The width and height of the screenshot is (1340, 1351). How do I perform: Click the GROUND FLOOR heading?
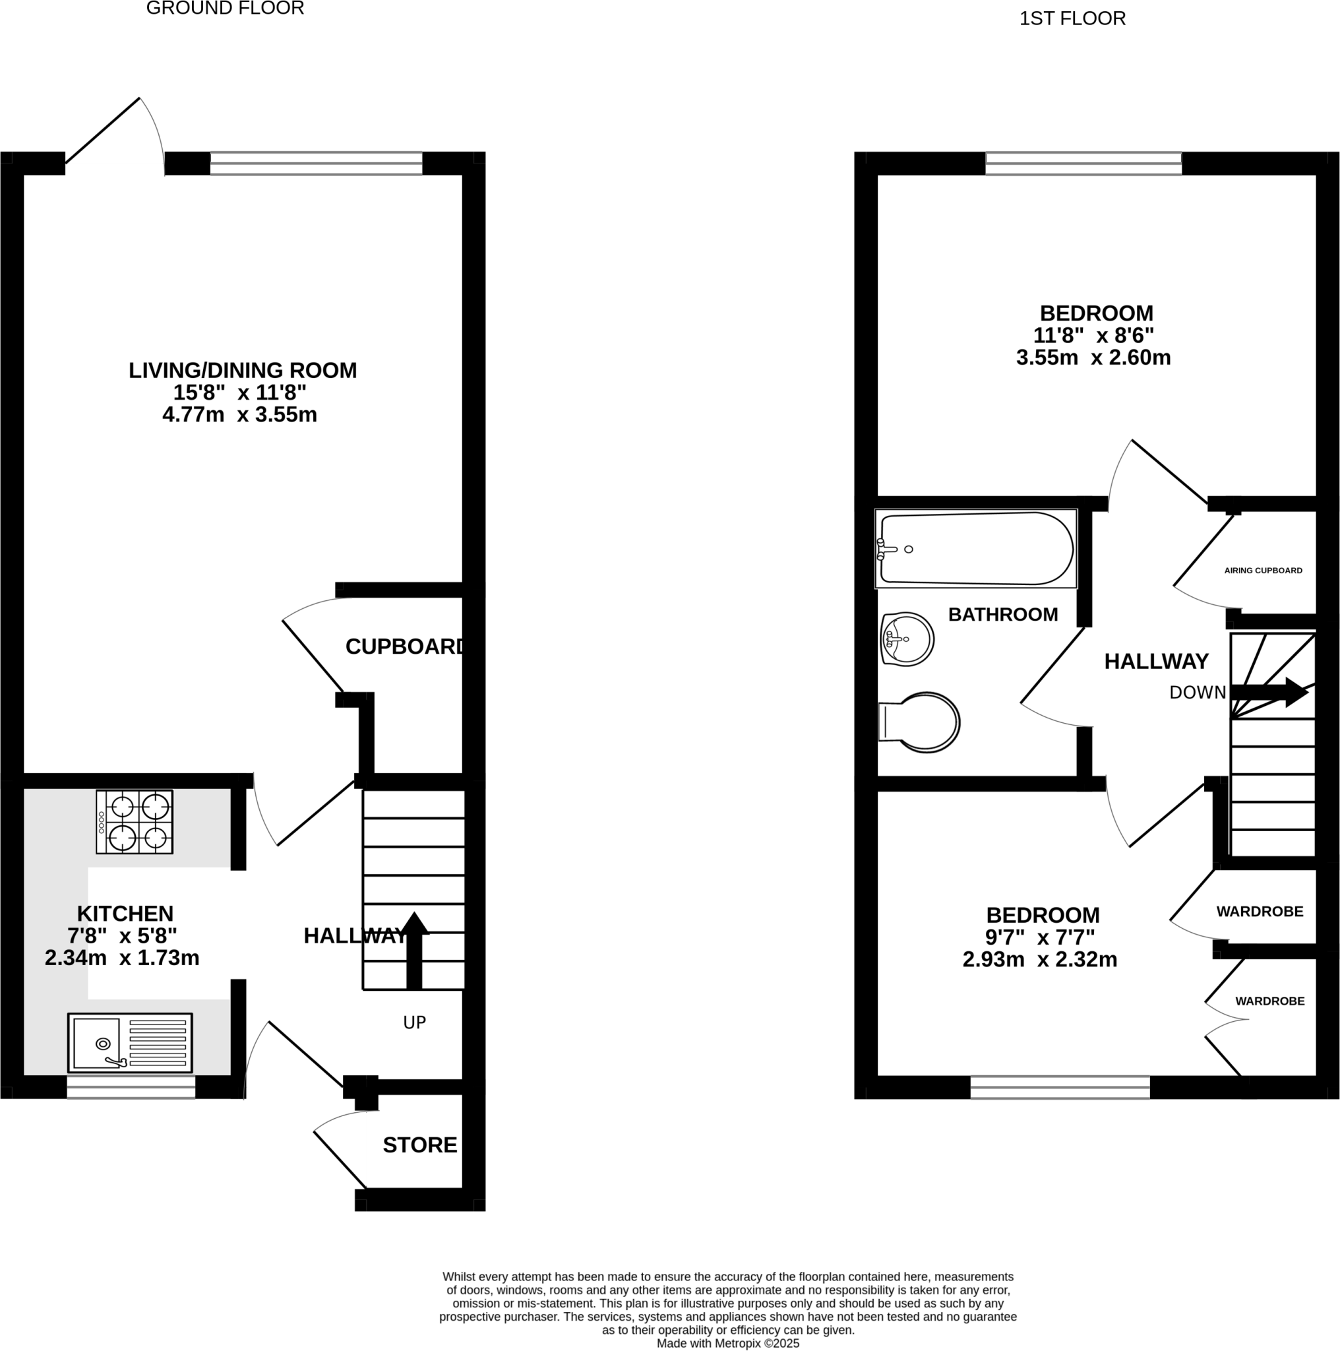click(224, 9)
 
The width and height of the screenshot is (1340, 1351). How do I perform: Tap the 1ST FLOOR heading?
click(1072, 19)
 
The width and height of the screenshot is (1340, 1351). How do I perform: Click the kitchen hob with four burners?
click(135, 822)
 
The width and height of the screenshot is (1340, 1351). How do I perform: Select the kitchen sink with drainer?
click(129, 1043)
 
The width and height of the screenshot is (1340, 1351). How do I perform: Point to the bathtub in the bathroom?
click(976, 549)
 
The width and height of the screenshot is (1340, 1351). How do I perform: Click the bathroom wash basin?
click(907, 639)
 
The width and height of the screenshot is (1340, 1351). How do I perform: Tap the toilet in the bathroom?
click(920, 722)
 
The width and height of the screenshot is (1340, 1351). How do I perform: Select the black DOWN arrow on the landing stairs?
click(1269, 692)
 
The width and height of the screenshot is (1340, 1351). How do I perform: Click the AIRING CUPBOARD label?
click(1262, 571)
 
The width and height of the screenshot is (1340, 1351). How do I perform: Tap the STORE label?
click(419, 1145)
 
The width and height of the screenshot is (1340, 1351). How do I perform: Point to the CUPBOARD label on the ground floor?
click(405, 647)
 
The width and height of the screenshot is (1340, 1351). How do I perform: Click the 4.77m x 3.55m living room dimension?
click(240, 415)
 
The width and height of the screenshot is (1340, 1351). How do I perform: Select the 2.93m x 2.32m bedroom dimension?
click(1039, 959)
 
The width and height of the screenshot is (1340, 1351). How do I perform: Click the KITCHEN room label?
click(125, 913)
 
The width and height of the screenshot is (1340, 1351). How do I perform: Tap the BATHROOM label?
click(1002, 614)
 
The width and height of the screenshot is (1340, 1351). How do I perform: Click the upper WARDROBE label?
click(1259, 911)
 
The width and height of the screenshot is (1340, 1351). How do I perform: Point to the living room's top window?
click(316, 163)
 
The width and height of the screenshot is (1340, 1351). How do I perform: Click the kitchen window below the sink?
click(131, 1086)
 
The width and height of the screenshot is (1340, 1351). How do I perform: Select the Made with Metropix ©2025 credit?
click(727, 1343)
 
